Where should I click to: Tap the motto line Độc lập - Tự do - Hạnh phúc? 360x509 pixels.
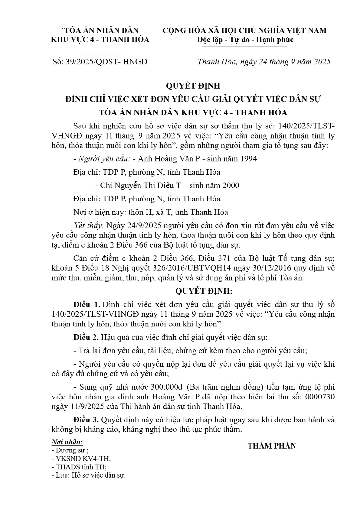coord(245,40)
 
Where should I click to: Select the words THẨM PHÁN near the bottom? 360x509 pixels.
coord(272,446)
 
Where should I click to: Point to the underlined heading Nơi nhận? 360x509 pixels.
coord(67,442)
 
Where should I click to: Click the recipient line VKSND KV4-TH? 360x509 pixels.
coord(81,458)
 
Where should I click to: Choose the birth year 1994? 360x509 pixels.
coord(248,159)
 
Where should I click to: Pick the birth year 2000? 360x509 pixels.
coord(230,185)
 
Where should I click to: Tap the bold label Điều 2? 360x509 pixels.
coord(86,337)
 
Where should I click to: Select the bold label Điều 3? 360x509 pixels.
coord(86,420)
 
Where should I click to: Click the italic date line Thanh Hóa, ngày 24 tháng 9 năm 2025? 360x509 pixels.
coord(264,62)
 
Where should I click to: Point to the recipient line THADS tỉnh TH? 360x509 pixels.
coord(79,467)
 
